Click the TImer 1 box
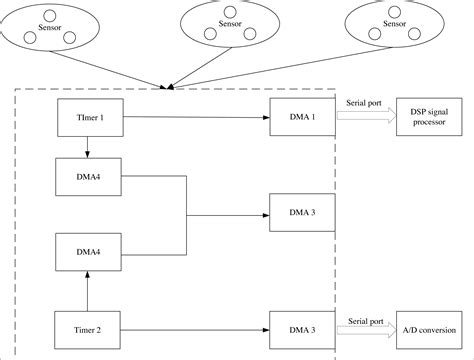tap(89, 117)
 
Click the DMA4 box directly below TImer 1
tap(89, 176)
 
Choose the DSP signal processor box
tap(428, 116)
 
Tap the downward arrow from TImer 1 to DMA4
tap(89, 146)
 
